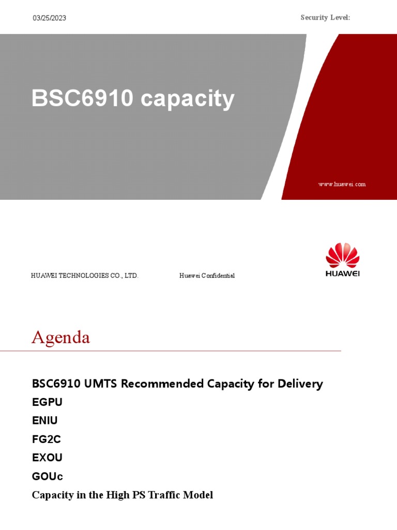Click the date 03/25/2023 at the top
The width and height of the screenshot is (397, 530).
(x=50, y=18)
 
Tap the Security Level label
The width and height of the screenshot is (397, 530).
(x=325, y=18)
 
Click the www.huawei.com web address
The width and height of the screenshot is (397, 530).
(x=342, y=184)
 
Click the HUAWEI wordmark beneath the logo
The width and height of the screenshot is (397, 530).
(x=342, y=274)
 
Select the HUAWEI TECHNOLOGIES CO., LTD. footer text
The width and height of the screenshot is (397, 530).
(x=85, y=276)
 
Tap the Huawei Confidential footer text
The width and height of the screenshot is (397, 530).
(x=207, y=276)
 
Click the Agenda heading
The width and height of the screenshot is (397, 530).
(x=60, y=337)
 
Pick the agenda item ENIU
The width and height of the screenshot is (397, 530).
(x=45, y=421)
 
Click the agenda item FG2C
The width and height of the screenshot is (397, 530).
(x=47, y=439)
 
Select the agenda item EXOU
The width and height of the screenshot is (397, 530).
(x=47, y=458)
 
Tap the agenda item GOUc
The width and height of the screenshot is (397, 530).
(x=48, y=477)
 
